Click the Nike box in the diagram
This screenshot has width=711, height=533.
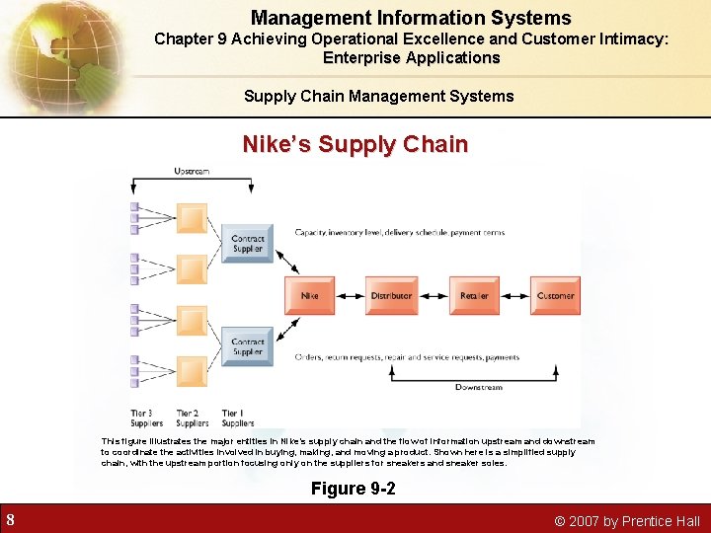[x=308, y=295]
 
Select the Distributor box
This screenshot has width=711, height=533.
[x=391, y=295]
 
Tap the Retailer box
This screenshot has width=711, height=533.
[x=474, y=295]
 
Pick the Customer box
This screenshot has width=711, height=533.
[x=555, y=295]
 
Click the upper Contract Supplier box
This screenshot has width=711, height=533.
[x=247, y=243]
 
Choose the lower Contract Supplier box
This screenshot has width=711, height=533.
[x=247, y=346]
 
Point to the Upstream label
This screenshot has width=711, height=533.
[x=192, y=171]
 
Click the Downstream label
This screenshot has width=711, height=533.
[x=479, y=387]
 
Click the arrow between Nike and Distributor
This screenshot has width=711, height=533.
[x=350, y=295]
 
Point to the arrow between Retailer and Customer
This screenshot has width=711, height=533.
[x=514, y=295]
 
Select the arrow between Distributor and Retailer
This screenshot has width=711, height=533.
[x=433, y=295]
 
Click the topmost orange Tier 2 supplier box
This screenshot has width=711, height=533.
[x=192, y=217]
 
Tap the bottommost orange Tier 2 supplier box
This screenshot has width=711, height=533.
[x=192, y=372]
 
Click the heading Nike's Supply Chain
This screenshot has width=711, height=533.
[x=355, y=145]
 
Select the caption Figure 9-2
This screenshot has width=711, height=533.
[x=354, y=489]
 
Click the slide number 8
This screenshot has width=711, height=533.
[x=10, y=520]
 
